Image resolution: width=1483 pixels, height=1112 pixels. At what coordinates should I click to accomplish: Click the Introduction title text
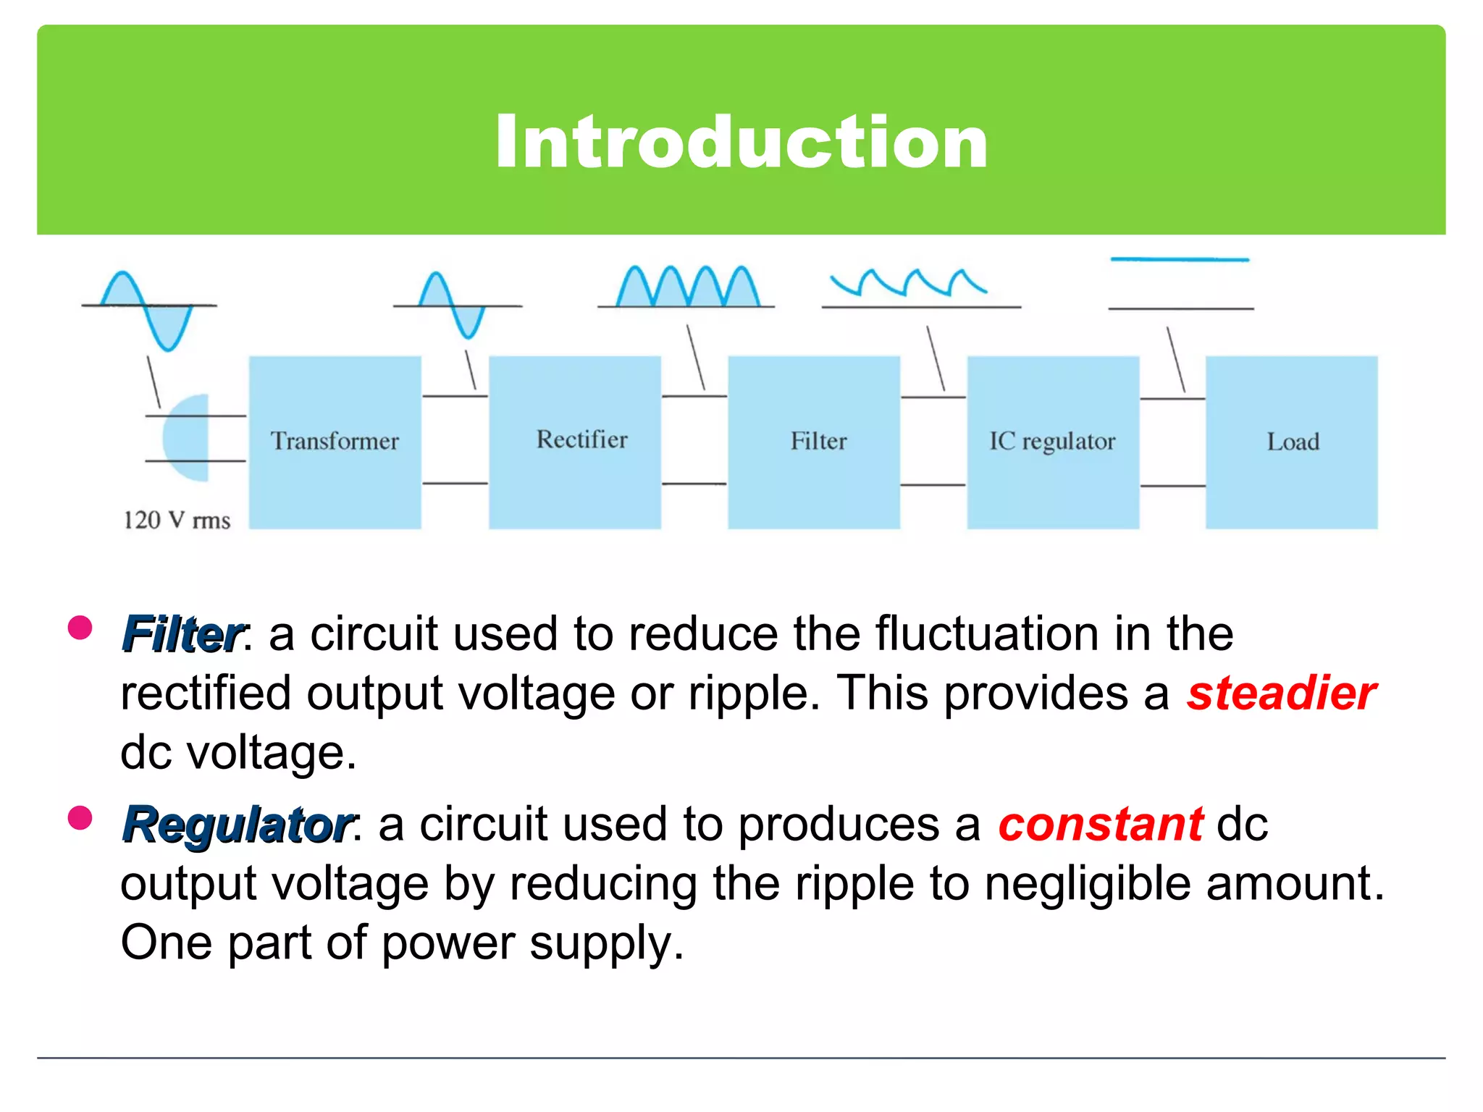pyautogui.click(x=741, y=142)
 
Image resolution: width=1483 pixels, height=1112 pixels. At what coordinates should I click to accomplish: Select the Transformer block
pyautogui.click(x=335, y=442)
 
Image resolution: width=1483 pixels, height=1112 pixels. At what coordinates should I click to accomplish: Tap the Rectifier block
pyautogui.click(x=574, y=442)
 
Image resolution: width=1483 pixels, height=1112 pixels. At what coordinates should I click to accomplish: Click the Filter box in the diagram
pyautogui.click(x=814, y=442)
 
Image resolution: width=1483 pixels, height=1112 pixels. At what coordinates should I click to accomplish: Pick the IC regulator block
pyautogui.click(x=1052, y=442)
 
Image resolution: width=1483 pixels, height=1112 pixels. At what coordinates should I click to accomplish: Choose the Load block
pyautogui.click(x=1291, y=442)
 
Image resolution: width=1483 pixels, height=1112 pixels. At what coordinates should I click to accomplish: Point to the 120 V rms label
pyautogui.click(x=177, y=520)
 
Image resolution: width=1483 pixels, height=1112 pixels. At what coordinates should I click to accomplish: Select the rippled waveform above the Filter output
pyautogui.click(x=909, y=282)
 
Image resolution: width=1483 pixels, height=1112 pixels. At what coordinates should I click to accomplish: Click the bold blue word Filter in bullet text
pyautogui.click(x=183, y=634)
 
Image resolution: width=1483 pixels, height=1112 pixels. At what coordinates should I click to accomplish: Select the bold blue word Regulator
pyautogui.click(x=238, y=825)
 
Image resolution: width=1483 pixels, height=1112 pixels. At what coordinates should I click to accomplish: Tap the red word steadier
pyautogui.click(x=1281, y=694)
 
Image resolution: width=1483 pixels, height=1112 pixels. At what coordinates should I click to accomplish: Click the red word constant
pyautogui.click(x=1100, y=825)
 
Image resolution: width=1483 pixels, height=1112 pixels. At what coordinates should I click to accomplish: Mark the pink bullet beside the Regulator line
pyautogui.click(x=80, y=818)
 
